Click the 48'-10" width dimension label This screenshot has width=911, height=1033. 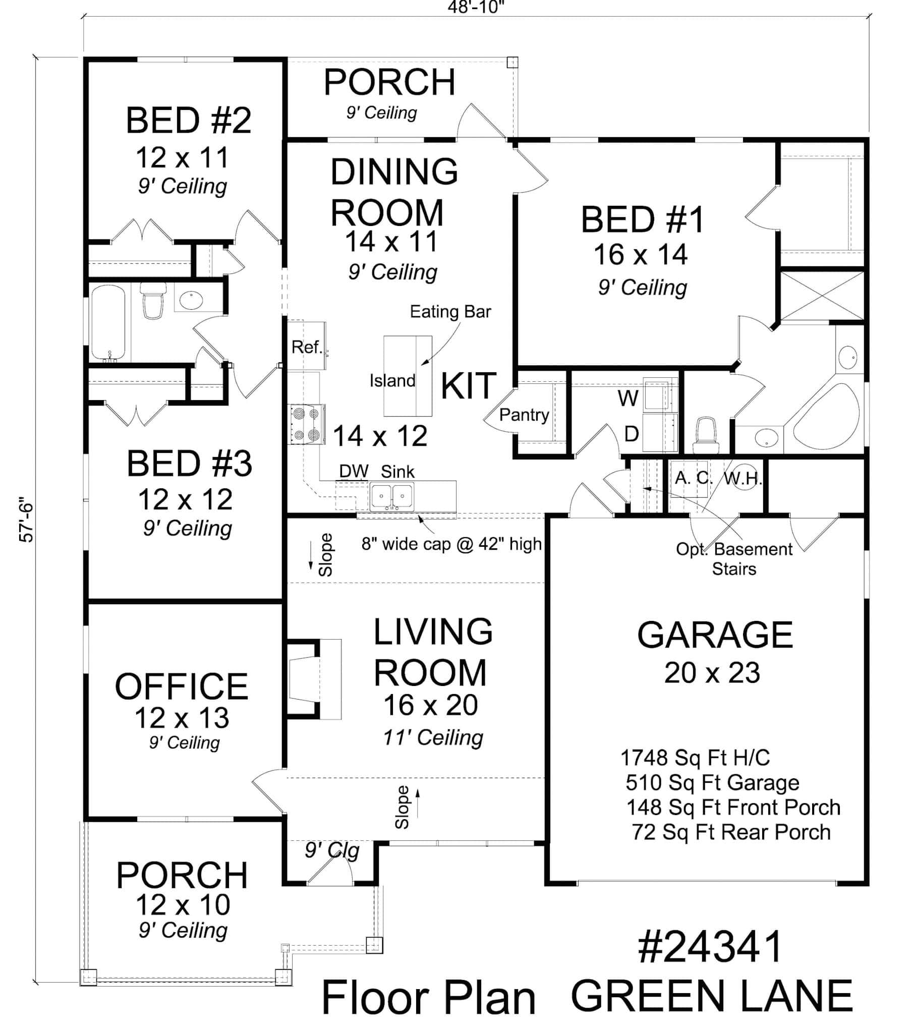(x=476, y=7)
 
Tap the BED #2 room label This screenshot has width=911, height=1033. (x=188, y=121)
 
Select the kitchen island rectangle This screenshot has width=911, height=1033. (x=407, y=375)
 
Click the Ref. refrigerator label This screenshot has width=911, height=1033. (x=306, y=347)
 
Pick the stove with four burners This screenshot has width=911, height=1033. (x=306, y=424)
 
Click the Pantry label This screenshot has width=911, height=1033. (x=524, y=415)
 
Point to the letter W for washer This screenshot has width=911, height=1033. (x=628, y=399)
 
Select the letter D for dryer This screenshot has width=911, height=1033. (x=632, y=434)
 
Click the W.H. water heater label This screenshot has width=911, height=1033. (x=742, y=478)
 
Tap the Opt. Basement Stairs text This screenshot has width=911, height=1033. (x=734, y=559)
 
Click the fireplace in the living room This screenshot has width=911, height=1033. (x=313, y=679)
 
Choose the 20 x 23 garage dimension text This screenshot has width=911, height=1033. (x=712, y=673)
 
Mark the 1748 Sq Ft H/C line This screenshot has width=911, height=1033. (x=695, y=758)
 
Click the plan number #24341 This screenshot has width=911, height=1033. (x=710, y=947)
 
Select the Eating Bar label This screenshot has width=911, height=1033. (x=450, y=312)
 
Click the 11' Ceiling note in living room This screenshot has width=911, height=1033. (x=433, y=737)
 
